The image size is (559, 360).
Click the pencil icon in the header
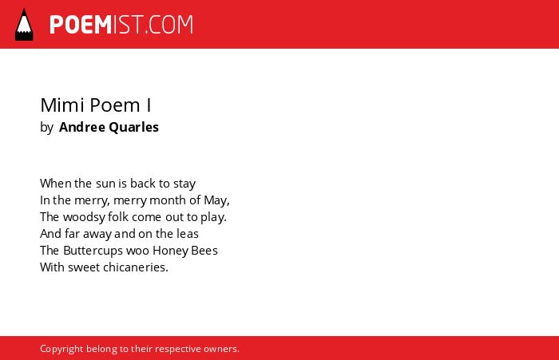click(24, 25)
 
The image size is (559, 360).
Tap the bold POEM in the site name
click(81, 25)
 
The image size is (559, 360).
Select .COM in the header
click(169, 25)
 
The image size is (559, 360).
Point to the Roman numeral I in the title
click(149, 105)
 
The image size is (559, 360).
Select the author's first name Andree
click(82, 127)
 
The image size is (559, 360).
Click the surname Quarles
click(133, 127)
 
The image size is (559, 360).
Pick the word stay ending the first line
click(184, 184)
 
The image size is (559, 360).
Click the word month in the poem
click(168, 200)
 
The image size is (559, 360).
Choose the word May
click(216, 200)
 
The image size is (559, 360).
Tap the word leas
click(188, 234)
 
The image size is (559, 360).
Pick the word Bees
click(204, 251)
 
